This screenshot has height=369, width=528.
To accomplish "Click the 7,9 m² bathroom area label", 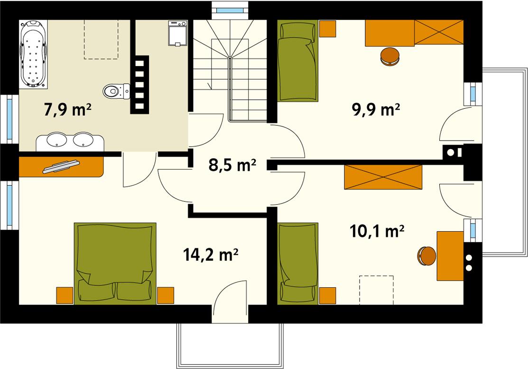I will click(x=67, y=110).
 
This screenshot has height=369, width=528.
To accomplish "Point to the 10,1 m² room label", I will click(x=377, y=231).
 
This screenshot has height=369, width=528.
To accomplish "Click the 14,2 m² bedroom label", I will click(x=210, y=255).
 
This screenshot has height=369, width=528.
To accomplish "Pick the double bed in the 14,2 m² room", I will click(x=115, y=262).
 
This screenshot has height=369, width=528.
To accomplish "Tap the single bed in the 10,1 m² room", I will click(x=297, y=262).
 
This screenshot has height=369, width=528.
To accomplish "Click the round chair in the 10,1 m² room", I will click(x=426, y=256).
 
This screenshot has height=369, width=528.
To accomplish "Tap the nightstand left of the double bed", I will click(x=65, y=295).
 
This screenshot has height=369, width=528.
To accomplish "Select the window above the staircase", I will click(x=230, y=8).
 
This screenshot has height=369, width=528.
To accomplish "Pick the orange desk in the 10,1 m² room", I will click(x=450, y=256).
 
